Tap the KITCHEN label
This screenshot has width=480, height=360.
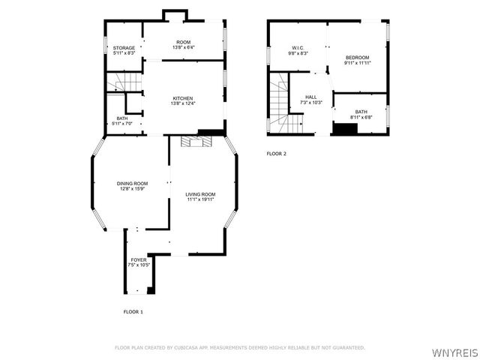[184, 98]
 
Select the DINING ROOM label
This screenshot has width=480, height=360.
[131, 184]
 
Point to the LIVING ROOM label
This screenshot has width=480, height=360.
[200, 194]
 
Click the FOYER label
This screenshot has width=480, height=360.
[139, 259]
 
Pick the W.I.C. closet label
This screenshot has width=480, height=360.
[297, 49]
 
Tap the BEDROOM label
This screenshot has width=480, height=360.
[357, 58]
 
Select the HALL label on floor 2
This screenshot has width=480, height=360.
[310, 97]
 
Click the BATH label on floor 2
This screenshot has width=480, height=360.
[361, 112]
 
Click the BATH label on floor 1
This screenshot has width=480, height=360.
[121, 117]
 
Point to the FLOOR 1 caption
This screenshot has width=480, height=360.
[133, 311]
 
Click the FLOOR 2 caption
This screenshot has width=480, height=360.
[276, 154]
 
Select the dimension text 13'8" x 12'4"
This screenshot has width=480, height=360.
[184, 103]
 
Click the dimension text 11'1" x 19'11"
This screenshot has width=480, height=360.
[200, 199]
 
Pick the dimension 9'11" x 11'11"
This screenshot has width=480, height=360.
[357, 63]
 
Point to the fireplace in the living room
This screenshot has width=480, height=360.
[197, 139]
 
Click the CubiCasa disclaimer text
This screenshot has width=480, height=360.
[239, 348]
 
